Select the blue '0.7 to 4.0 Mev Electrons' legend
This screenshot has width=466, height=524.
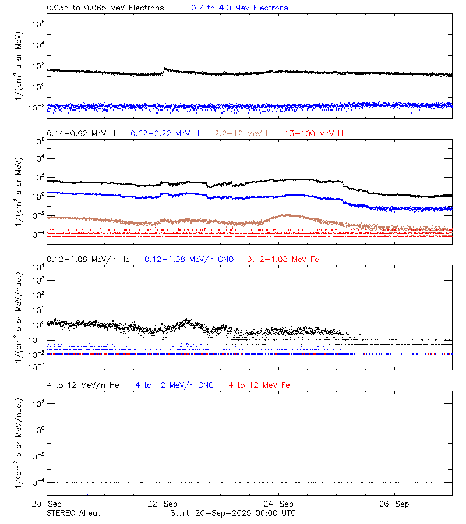point(239,8)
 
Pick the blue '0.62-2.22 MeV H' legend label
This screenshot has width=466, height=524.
point(165,134)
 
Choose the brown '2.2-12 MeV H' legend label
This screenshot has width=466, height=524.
point(243,134)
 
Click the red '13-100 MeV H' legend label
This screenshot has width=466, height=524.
point(314,134)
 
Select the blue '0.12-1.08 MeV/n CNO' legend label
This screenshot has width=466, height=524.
point(189,259)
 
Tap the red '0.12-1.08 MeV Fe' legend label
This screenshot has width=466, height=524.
point(283,259)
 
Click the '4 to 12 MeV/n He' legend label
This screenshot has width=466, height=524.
point(83,385)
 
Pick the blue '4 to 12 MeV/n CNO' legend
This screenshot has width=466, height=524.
point(174,385)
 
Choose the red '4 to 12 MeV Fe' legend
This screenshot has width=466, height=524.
point(259,385)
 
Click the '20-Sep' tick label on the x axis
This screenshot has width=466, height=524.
point(47,504)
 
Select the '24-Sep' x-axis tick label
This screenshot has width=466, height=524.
point(278,504)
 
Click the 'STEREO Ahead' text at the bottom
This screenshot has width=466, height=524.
point(74,513)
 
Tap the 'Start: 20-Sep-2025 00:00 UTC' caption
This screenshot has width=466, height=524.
point(232,513)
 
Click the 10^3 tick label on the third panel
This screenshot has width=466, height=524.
point(35,280)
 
